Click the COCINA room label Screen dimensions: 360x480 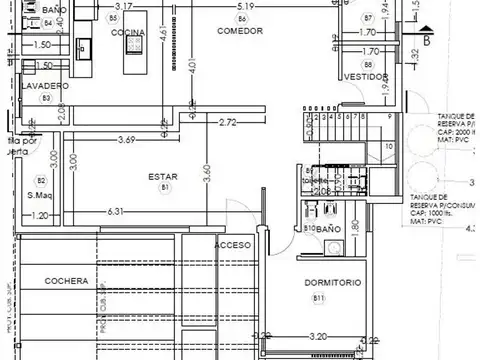pyautogui.click(x=127, y=32)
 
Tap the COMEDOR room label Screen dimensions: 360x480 pyautogui.click(x=240, y=31)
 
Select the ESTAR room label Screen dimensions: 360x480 pyautogui.click(x=163, y=177)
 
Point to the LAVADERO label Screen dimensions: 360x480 pyautogui.click(x=47, y=86)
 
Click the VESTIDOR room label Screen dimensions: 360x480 pyautogui.click(x=364, y=77)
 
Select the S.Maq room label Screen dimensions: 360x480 pyautogui.click(x=40, y=194)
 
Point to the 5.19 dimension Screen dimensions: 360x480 pyautogui.click(x=245, y=6)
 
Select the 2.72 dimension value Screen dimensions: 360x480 pyautogui.click(x=227, y=123)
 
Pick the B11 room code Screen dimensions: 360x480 pyautogui.click(x=319, y=298)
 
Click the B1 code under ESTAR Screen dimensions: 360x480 pyautogui.click(x=163, y=188)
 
